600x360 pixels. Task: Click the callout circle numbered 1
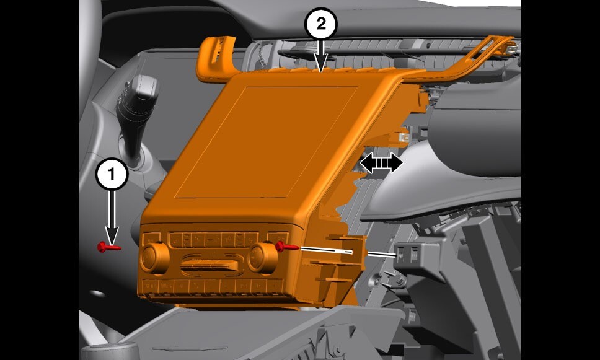112,175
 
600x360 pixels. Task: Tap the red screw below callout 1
108,247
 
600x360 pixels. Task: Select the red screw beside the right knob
285,247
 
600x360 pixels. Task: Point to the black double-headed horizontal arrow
381,163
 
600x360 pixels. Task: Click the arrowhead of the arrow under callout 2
320,65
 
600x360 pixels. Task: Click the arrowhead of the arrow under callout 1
112,235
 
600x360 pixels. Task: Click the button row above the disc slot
208,239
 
